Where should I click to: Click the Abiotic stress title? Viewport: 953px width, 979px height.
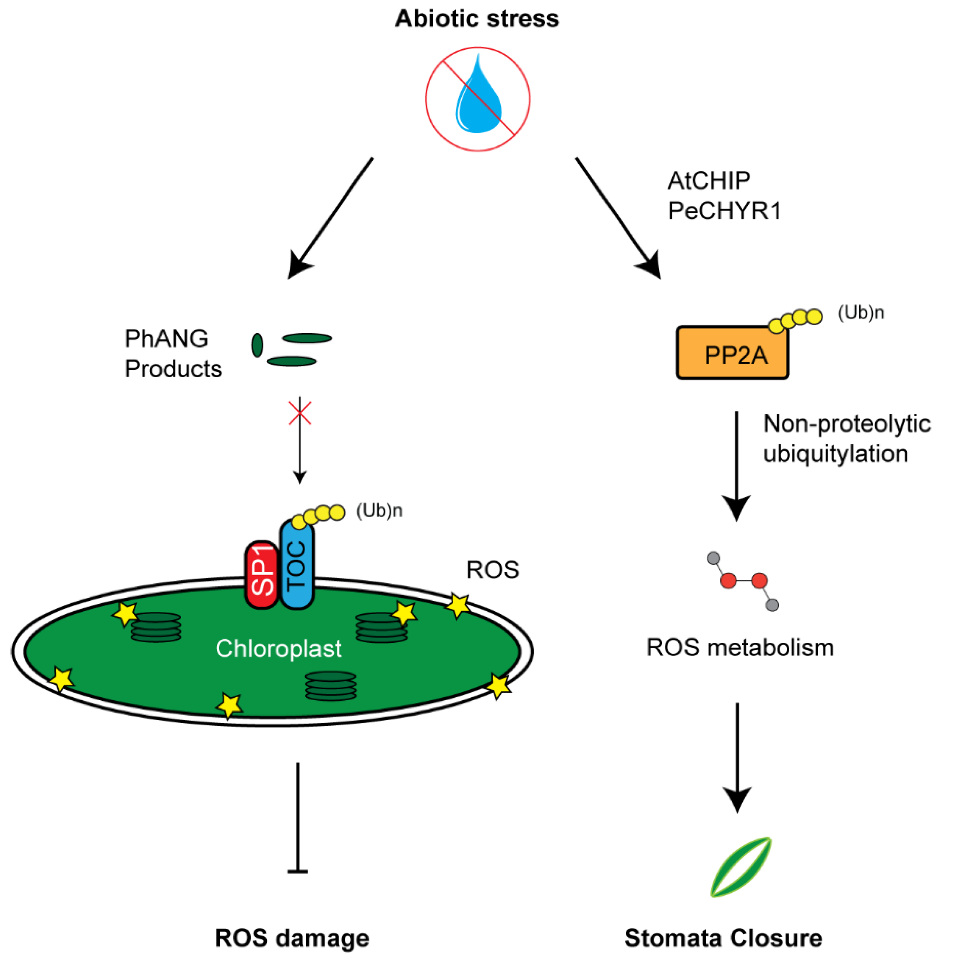tap(476, 19)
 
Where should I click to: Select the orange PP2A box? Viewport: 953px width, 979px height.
tap(732, 353)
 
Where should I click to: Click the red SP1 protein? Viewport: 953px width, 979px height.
tap(261, 575)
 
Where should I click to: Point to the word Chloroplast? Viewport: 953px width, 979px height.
tap(278, 648)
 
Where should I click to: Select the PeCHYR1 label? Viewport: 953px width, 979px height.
tap(724, 211)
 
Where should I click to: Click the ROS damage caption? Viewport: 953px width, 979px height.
tap(292, 938)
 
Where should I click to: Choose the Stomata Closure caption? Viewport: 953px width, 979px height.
tap(723, 938)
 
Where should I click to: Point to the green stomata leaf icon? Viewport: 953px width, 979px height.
tap(741, 867)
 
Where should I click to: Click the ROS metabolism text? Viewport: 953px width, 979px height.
tap(740, 647)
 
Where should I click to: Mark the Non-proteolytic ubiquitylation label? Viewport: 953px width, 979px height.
tap(846, 439)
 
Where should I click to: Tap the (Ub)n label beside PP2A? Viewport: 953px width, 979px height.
tap(861, 313)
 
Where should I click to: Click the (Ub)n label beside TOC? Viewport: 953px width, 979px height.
tap(379, 511)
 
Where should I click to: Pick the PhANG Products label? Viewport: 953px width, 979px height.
tap(173, 353)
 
